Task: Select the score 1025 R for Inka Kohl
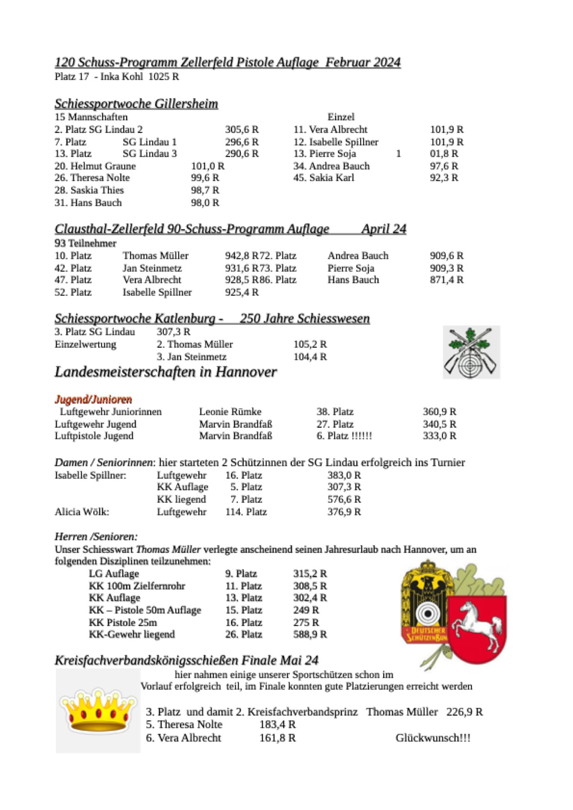[x=164, y=77]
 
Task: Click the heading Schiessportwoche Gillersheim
[x=136, y=104]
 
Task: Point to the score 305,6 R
[x=242, y=130]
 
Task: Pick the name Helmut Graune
[x=95, y=166]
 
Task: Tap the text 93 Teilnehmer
[x=86, y=243]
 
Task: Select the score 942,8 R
[x=241, y=256]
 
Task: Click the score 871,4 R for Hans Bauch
[x=446, y=280]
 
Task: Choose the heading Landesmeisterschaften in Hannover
[x=166, y=372]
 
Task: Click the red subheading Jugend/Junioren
[x=93, y=399]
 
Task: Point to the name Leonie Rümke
[x=230, y=412]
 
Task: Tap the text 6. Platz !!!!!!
[x=344, y=436]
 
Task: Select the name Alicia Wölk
[x=82, y=512]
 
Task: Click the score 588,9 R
[x=310, y=635]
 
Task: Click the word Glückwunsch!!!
[x=433, y=738]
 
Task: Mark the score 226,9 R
[x=464, y=712]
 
